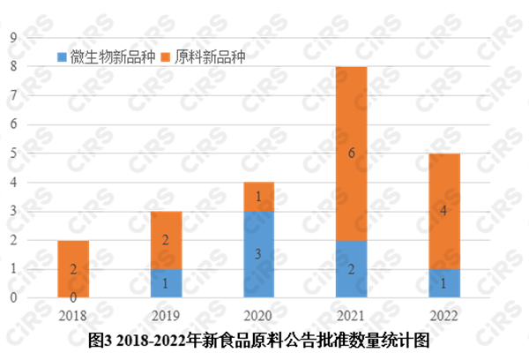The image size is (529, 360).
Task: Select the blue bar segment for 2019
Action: coord(166,283)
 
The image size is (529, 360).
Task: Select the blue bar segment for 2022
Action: coord(444,283)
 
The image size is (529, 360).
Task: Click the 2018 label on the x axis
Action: coord(73,316)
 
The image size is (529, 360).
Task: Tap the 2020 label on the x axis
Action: coord(258,316)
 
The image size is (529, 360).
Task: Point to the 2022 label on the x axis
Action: coord(444,316)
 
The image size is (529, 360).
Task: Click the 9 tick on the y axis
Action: coord(13,37)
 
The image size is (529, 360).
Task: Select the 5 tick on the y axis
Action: coord(13,154)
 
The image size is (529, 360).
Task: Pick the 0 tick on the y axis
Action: coord(13,298)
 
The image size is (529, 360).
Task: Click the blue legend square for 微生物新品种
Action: coord(62,57)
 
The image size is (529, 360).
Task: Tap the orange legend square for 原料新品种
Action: coord(165,57)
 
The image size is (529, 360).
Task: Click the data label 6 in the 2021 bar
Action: coord(352,154)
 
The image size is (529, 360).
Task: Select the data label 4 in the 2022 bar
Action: coord(444,212)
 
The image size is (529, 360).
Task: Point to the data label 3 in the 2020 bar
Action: coord(258,255)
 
